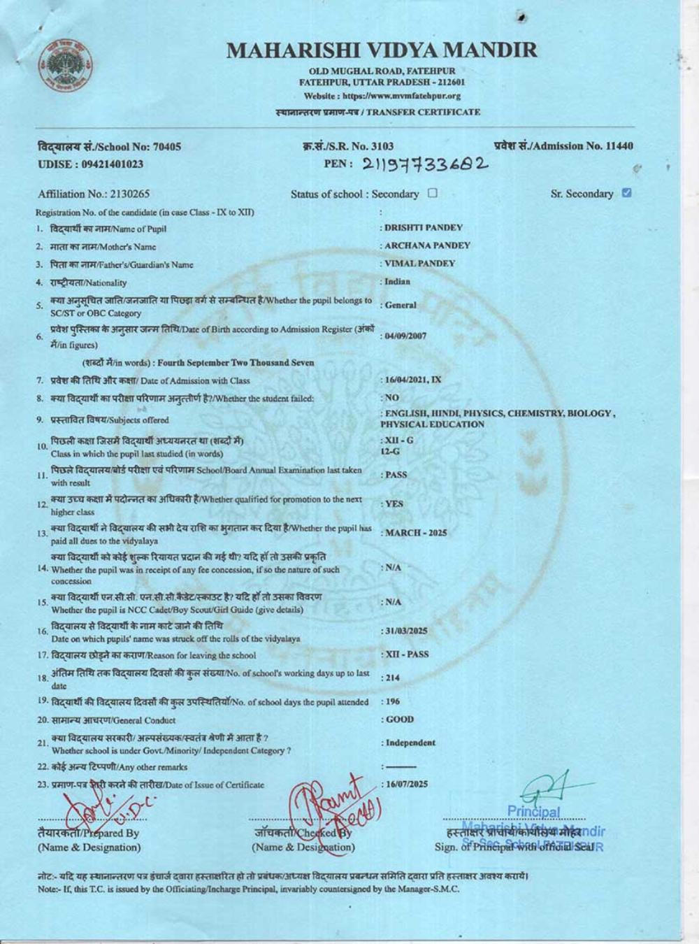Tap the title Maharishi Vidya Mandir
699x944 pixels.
(382, 50)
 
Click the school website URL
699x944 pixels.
(382, 96)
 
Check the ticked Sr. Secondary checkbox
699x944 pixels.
(626, 193)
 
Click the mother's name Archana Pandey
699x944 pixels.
(427, 245)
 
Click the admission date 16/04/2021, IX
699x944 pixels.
(413, 380)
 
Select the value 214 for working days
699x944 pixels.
(391, 678)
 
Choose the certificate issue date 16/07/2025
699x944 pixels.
(406, 784)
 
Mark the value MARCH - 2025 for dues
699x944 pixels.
(415, 533)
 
